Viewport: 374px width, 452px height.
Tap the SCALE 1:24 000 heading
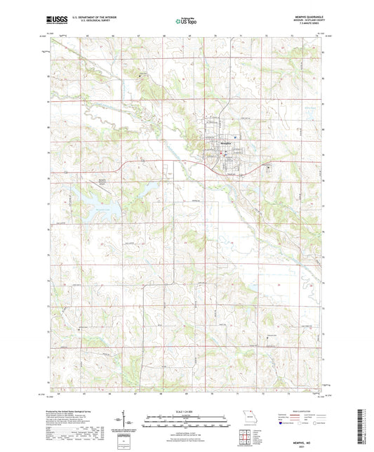pyautogui.click(x=186, y=411)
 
